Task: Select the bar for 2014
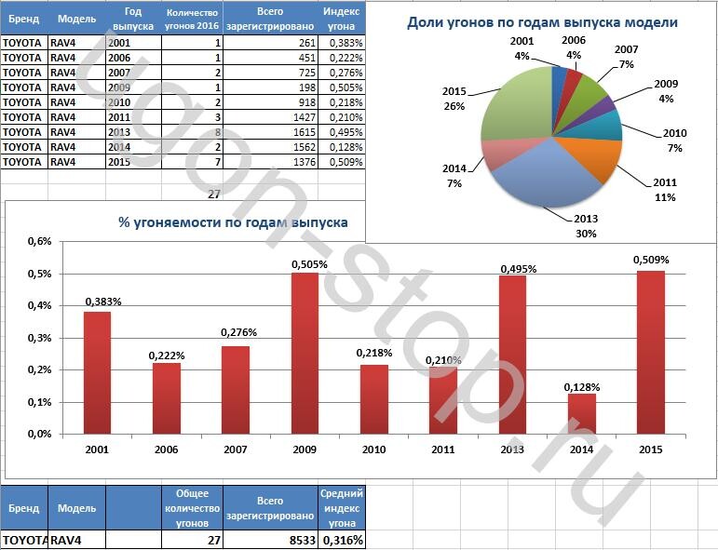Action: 581,413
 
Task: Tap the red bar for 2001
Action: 98,372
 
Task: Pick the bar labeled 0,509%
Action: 650,352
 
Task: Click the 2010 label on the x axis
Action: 374,449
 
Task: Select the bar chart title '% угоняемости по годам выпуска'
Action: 233,222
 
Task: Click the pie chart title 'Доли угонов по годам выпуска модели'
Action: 542,22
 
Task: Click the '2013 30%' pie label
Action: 585,226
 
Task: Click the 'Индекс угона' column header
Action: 342,19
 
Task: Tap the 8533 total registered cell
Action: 271,540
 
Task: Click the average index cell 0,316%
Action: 342,540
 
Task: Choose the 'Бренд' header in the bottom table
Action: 23,509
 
